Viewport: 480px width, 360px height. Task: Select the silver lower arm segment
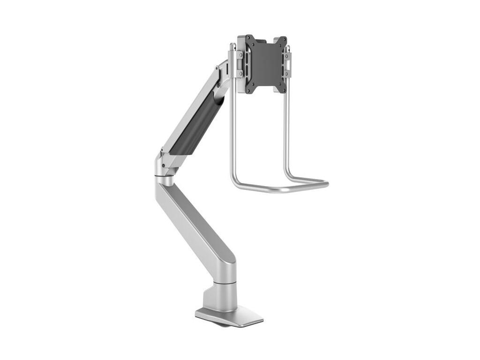pyautogui.click(x=197, y=225)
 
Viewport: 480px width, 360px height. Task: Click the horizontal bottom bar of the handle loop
pyautogui.click(x=281, y=188)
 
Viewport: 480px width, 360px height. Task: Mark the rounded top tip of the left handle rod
pyautogui.click(x=232, y=45)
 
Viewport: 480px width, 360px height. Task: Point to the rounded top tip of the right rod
pyautogui.click(x=287, y=47)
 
